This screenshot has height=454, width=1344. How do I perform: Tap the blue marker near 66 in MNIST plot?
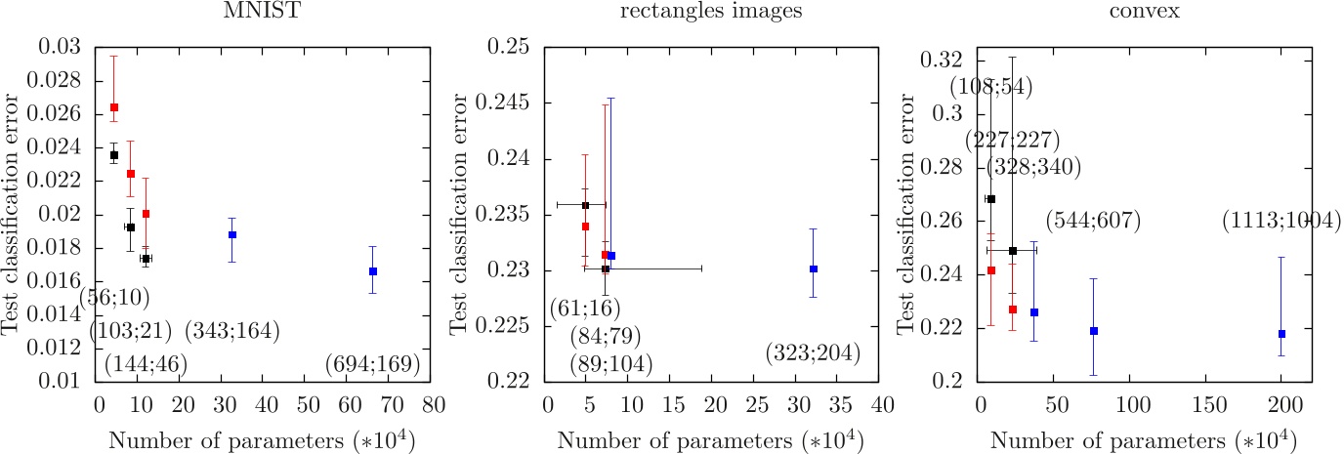click(x=373, y=271)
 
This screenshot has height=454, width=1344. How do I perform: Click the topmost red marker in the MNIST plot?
click(x=113, y=107)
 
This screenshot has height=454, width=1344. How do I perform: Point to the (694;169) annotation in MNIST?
click(x=373, y=364)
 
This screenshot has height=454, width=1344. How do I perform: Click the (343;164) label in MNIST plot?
click(x=232, y=331)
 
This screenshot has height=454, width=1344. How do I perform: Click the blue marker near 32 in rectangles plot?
click(x=813, y=268)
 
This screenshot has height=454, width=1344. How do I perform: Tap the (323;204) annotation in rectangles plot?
click(x=813, y=351)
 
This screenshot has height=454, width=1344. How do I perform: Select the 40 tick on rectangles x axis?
click(x=882, y=401)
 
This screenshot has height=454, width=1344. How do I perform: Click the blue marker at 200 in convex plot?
click(x=1281, y=334)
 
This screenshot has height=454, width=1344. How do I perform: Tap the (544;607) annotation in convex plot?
click(x=1093, y=221)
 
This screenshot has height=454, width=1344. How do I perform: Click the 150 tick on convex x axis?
click(x=1207, y=401)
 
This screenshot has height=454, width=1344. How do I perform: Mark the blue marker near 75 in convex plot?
click(x=1094, y=331)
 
